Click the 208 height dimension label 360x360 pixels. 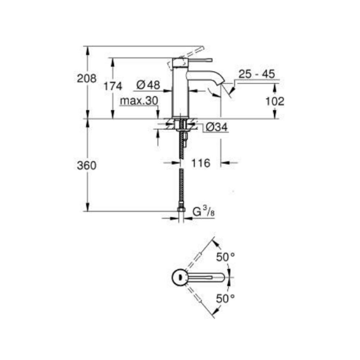pos(86,78)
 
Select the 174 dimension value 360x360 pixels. pos(113,86)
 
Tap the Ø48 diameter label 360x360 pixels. pos(148,85)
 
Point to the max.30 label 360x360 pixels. pos(139,101)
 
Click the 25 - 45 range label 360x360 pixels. pos(256,74)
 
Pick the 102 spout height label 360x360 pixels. pos(275,101)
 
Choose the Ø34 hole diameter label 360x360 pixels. pos(216,127)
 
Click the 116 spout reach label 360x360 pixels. pos(201,163)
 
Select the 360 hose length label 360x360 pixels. pos(86,166)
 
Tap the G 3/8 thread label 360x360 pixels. pos(203,212)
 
